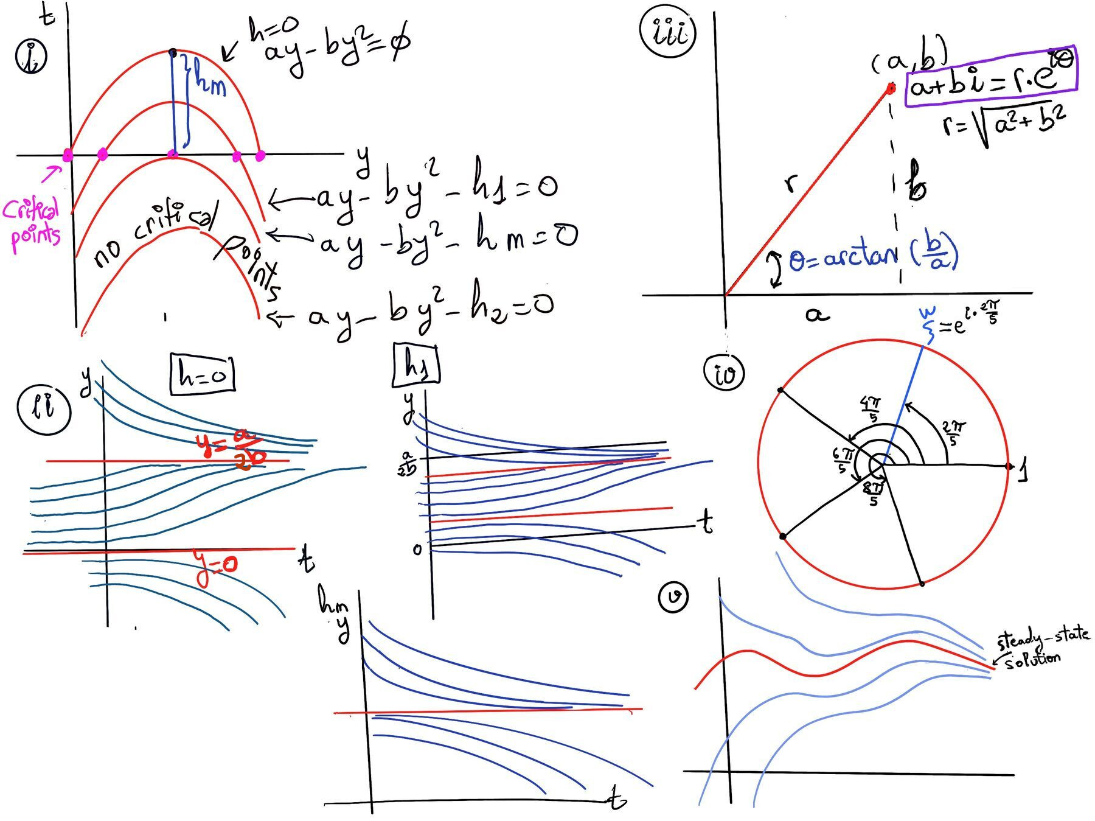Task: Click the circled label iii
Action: [x=668, y=33]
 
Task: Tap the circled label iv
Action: [x=724, y=372]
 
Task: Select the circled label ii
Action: [x=43, y=409]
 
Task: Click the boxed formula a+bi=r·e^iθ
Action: [x=991, y=77]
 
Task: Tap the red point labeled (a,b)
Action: [x=891, y=89]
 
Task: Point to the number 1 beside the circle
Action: [x=1024, y=470]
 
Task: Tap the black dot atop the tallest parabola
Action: [x=173, y=52]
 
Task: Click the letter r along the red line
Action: [x=790, y=182]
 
